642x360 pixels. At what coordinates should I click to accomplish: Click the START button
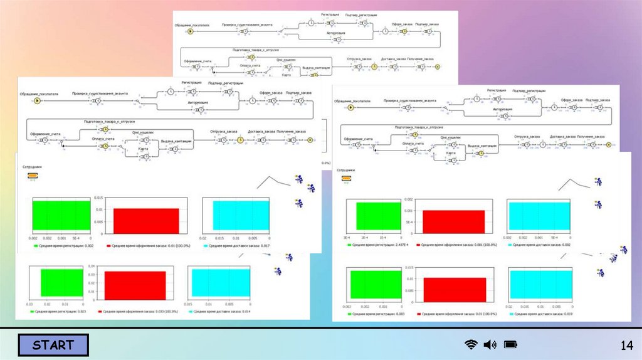point(53,345)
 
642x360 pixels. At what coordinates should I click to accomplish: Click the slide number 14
point(626,345)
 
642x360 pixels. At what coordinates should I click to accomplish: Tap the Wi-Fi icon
point(471,344)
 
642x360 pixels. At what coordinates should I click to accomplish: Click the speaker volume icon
point(490,344)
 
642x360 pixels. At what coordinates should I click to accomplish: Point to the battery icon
point(510,344)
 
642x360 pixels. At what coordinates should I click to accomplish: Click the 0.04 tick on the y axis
point(93,267)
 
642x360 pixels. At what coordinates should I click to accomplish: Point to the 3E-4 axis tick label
point(347,238)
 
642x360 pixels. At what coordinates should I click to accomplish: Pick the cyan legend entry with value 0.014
point(222,311)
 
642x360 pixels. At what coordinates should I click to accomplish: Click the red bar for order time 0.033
point(135,285)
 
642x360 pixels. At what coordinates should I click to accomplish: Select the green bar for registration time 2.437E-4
point(378,215)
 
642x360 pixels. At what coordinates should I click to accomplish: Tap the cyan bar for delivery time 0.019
point(540,284)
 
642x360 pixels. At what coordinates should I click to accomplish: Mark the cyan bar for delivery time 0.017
point(241,214)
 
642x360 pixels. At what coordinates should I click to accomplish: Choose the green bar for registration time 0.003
point(376,284)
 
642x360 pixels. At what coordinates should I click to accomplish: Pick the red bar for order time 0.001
point(453,221)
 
